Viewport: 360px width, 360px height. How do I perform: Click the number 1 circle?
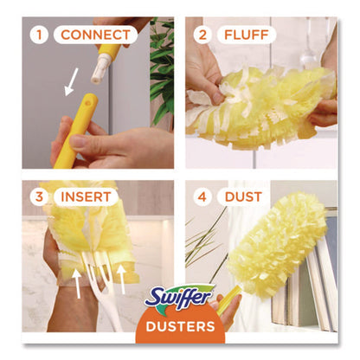(x=37, y=36)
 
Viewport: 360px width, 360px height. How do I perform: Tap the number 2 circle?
(x=202, y=36)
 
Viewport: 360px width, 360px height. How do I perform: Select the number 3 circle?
(x=37, y=197)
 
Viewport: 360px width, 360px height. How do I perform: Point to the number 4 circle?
(x=202, y=197)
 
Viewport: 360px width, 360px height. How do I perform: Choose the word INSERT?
(x=87, y=197)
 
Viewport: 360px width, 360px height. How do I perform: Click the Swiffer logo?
(x=179, y=299)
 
